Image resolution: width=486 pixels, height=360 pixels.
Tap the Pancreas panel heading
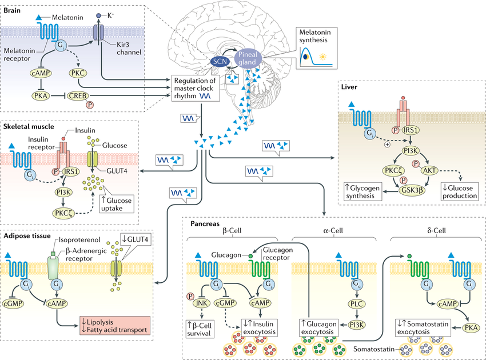click(203, 223)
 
